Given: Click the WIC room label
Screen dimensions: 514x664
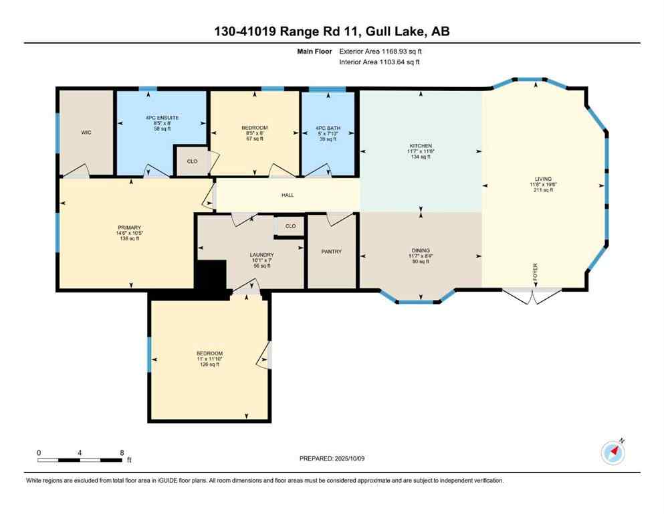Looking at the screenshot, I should [x=86, y=133].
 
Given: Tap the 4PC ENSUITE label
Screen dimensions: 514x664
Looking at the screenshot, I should [x=161, y=118].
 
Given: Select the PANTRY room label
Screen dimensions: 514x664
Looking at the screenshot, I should [x=331, y=252].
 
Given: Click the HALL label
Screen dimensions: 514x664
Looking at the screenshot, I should [x=286, y=195].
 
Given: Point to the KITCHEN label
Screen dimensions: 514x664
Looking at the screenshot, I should [x=421, y=145].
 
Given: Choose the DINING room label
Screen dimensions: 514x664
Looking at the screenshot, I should [x=421, y=250].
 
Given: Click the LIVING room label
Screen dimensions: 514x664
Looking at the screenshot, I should [x=542, y=179].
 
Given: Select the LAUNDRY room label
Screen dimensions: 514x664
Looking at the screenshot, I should [x=261, y=254].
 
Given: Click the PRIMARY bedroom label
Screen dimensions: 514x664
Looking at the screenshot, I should [x=129, y=228].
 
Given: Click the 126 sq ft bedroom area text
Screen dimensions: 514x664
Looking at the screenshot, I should [x=209, y=365].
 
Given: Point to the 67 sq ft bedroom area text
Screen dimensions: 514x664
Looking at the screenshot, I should [x=254, y=139].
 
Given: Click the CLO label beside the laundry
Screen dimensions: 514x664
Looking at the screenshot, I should [x=290, y=226].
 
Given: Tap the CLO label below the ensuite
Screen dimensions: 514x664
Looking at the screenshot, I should [x=191, y=162].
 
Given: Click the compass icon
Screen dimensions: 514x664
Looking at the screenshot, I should [x=613, y=453].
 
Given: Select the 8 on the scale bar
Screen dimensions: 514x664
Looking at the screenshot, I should [x=122, y=452].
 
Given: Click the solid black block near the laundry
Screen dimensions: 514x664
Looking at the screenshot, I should [x=210, y=275].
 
